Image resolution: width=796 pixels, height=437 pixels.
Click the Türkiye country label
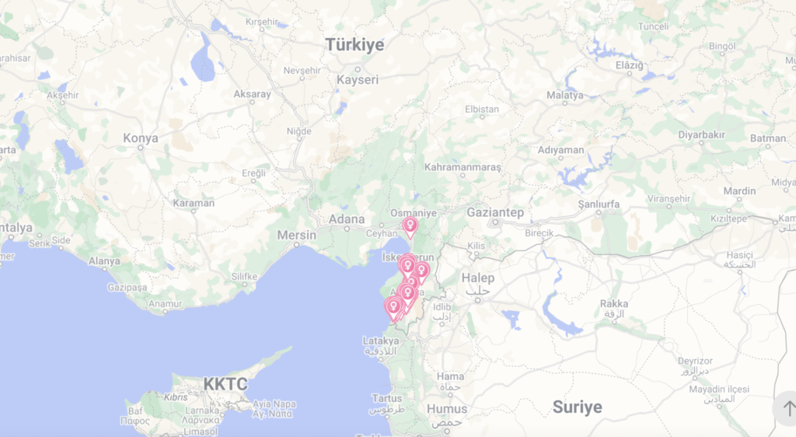point(354,45)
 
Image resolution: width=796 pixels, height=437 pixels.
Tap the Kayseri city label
point(358,79)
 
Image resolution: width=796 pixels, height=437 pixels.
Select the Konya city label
point(141,138)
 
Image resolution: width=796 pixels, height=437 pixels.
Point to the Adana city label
point(347,219)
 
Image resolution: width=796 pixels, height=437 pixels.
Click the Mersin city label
point(297,235)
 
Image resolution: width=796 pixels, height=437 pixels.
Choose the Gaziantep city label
point(495,212)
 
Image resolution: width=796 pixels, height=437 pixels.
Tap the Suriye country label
point(577,407)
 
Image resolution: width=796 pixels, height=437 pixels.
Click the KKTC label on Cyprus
point(225,383)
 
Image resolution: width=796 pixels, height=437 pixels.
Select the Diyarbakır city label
point(701,135)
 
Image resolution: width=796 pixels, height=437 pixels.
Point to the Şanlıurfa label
point(602,204)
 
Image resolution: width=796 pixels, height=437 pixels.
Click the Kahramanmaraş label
point(463,167)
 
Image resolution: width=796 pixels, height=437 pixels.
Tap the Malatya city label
point(565,95)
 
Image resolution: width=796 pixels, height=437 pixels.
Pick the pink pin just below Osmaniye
point(410,226)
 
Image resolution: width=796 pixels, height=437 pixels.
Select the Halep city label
point(477,278)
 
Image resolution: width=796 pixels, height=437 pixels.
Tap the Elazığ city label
point(630,65)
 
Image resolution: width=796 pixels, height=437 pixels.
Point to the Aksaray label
point(253,94)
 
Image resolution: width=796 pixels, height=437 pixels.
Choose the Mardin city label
point(739,191)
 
